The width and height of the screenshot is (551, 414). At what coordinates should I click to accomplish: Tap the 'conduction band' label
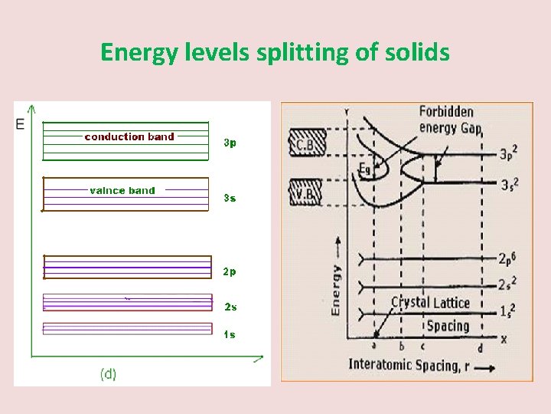click(129, 137)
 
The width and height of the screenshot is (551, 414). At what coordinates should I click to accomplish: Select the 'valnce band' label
click(122, 190)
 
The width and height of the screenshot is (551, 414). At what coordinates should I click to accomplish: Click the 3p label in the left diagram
click(230, 143)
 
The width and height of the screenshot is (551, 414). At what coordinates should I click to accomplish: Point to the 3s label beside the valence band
click(230, 198)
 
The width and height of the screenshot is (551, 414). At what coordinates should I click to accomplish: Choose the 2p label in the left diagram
click(230, 271)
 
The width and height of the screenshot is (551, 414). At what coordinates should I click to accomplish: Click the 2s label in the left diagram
click(230, 307)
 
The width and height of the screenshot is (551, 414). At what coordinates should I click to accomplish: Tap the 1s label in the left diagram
click(230, 334)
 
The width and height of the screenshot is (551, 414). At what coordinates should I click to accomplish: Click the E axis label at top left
click(20, 123)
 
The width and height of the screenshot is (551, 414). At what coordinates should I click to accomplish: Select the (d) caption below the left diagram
click(109, 373)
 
